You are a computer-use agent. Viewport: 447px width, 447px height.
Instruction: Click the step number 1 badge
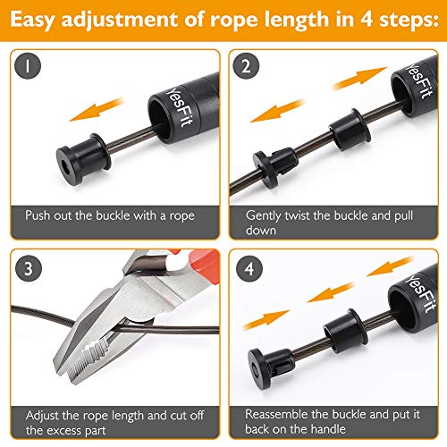tap(30, 67)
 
